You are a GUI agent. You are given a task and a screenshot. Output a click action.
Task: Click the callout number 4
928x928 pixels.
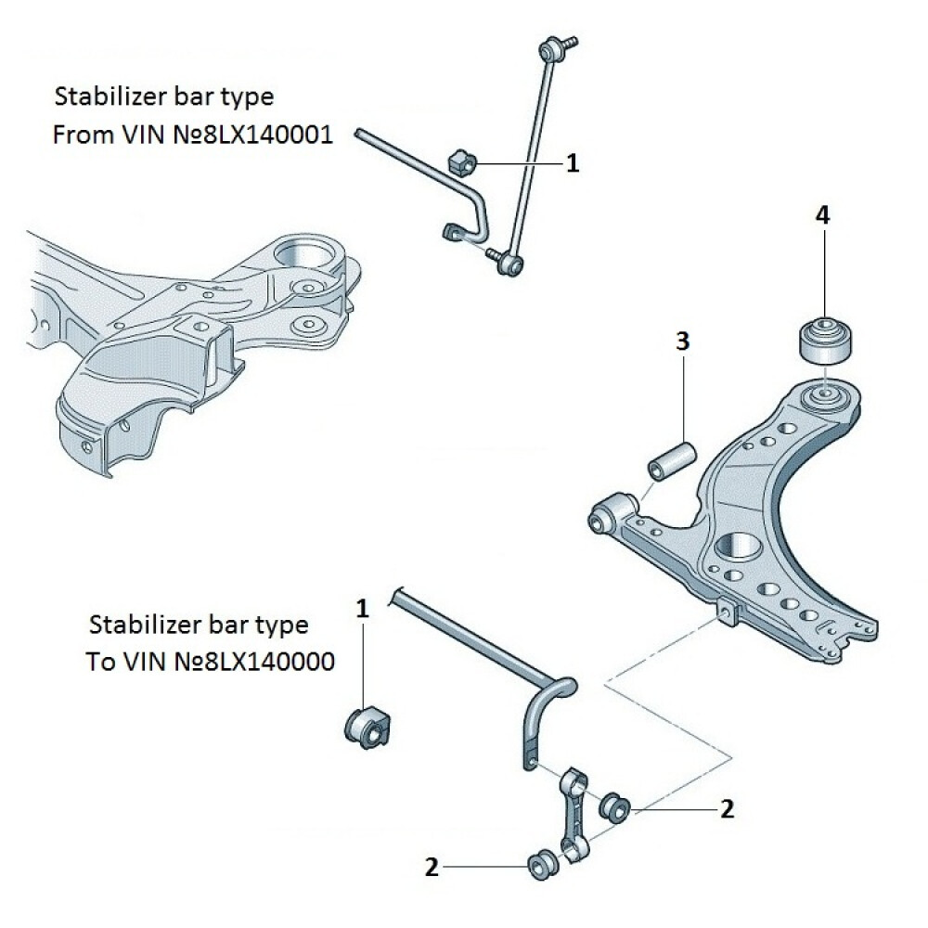[823, 215]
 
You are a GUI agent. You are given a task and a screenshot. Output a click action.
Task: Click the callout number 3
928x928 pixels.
[682, 342]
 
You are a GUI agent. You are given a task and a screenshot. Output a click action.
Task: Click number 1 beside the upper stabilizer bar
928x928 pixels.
[573, 164]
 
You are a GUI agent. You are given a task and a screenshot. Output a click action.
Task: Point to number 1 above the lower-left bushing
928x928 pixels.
[363, 609]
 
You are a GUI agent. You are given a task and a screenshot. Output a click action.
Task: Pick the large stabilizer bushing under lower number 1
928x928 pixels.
[368, 724]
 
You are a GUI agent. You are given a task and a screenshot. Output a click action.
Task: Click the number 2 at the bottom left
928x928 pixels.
[432, 868]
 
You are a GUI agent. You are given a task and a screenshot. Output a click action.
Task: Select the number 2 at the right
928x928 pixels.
[727, 809]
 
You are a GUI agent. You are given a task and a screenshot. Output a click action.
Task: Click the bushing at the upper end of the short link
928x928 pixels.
[614, 806]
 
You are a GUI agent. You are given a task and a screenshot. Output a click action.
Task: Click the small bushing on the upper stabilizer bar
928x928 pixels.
[460, 162]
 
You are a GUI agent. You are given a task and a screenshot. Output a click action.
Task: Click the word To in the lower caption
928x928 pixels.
[99, 662]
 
